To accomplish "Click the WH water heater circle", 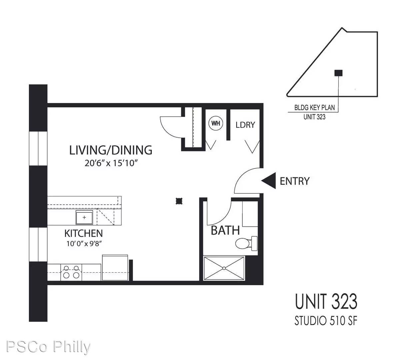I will click(216, 123).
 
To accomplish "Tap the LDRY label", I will click(245, 125).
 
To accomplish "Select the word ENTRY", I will click(295, 181).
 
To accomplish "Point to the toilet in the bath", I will click(246, 243).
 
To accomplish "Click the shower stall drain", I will click(224, 268).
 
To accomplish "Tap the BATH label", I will click(225, 230).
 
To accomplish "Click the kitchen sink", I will click(84, 218).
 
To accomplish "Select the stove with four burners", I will click(71, 272).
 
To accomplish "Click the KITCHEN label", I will click(83, 233).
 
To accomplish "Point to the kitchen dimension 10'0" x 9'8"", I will click(84, 243).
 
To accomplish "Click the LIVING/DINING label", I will click(111, 150).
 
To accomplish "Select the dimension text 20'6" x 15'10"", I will click(111, 163).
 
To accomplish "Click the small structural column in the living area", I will click(179, 201).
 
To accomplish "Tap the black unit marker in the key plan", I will click(339, 73).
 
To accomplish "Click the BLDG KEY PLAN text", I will click(314, 108).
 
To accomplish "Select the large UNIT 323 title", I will click(326, 302).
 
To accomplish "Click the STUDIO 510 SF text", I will click(326, 321).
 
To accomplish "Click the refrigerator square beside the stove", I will click(115, 268).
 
